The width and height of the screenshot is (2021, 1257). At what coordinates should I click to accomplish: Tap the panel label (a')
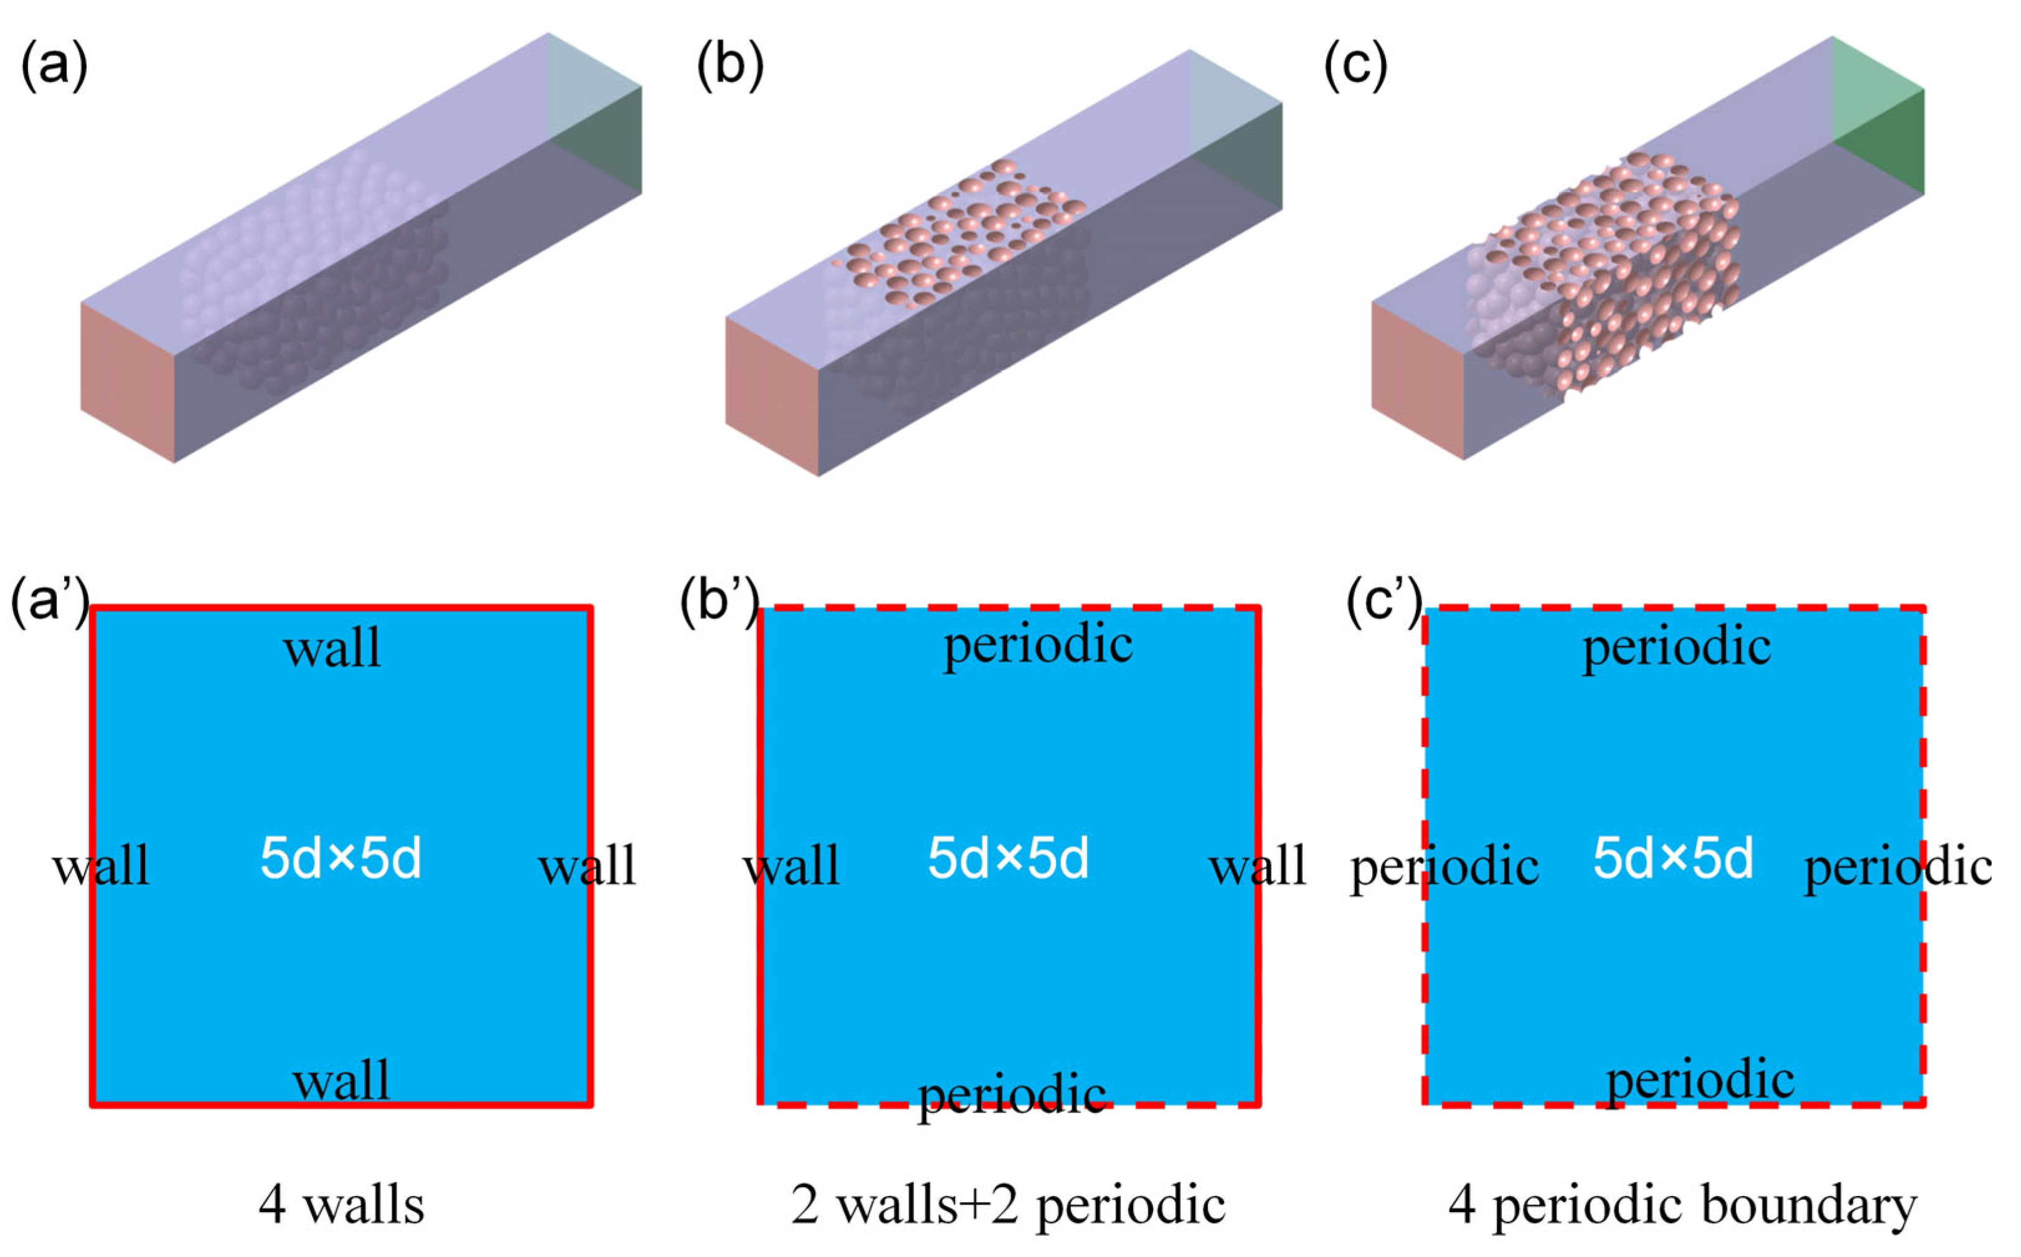[48, 600]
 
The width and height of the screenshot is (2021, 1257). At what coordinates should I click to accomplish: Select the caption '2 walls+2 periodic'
[1007, 1205]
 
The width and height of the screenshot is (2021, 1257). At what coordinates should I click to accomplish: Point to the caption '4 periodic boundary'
[1683, 1205]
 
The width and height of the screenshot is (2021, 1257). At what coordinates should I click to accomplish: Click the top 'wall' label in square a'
[332, 649]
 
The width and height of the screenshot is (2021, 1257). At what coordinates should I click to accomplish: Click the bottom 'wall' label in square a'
[341, 1081]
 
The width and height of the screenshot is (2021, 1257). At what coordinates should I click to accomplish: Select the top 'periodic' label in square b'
[1037, 645]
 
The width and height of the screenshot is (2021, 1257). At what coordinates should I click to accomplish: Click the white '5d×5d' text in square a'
[341, 859]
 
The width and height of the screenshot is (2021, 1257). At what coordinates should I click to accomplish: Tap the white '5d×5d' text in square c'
[1673, 859]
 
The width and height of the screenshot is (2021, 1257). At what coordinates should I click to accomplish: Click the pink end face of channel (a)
[127, 382]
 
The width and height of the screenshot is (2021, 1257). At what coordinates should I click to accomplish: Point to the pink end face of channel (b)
[771, 397]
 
